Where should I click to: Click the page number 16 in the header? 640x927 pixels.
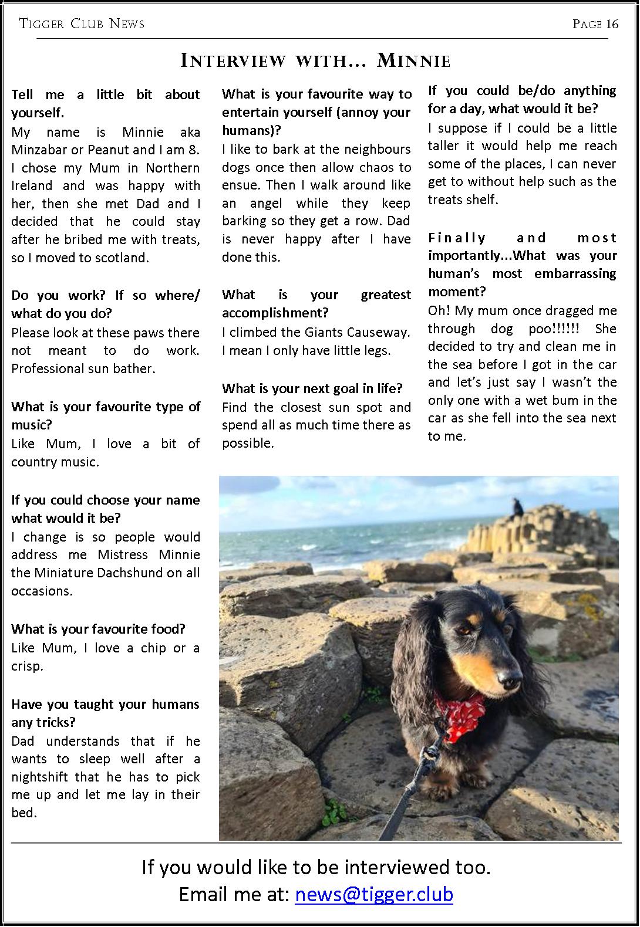(612, 23)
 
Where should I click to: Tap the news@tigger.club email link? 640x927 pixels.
(374, 894)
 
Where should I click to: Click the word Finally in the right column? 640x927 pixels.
(457, 238)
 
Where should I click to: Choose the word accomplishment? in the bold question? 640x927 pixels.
(275, 313)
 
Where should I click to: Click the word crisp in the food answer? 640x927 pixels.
(25, 666)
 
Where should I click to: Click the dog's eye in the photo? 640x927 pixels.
(464, 630)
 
